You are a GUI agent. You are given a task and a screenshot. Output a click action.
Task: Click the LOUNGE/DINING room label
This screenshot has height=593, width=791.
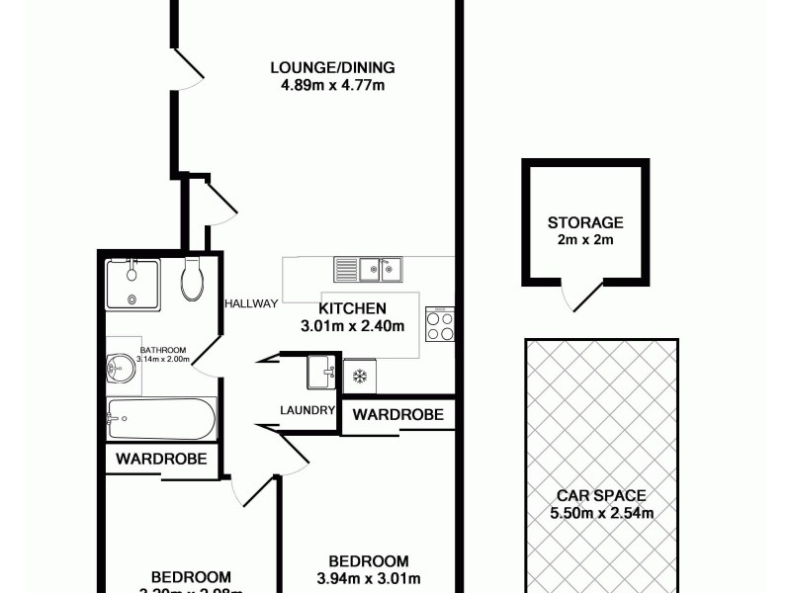[332, 67]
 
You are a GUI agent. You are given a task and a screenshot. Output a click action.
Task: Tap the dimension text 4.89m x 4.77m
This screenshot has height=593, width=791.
[332, 85]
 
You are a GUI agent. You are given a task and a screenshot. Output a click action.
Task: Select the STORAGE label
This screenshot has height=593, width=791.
[586, 222]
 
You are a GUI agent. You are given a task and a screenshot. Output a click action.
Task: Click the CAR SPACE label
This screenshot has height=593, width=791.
[600, 495]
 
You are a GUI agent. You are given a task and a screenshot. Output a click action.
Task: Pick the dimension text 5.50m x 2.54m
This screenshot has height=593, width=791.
[600, 513]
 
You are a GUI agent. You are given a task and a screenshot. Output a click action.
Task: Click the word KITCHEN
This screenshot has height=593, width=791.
[352, 308]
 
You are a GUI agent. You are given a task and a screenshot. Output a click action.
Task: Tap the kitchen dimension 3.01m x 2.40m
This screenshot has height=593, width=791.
[352, 326]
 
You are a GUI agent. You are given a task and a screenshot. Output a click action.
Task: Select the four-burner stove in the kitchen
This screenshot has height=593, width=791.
[440, 324]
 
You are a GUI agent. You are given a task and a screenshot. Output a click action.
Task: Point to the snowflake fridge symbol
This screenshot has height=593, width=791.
[359, 376]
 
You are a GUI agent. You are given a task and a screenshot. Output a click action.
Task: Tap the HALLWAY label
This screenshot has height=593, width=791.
[251, 303]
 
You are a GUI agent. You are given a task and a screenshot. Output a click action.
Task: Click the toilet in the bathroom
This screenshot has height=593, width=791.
[193, 279]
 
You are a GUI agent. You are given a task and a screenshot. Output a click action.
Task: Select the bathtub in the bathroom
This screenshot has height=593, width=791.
[160, 419]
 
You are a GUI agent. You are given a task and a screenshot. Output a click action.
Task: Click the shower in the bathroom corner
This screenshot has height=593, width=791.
[132, 285]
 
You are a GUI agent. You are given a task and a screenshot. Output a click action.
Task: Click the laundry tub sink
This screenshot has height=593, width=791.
[321, 373]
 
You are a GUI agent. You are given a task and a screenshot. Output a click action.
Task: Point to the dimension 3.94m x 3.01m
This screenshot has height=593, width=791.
[369, 578]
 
